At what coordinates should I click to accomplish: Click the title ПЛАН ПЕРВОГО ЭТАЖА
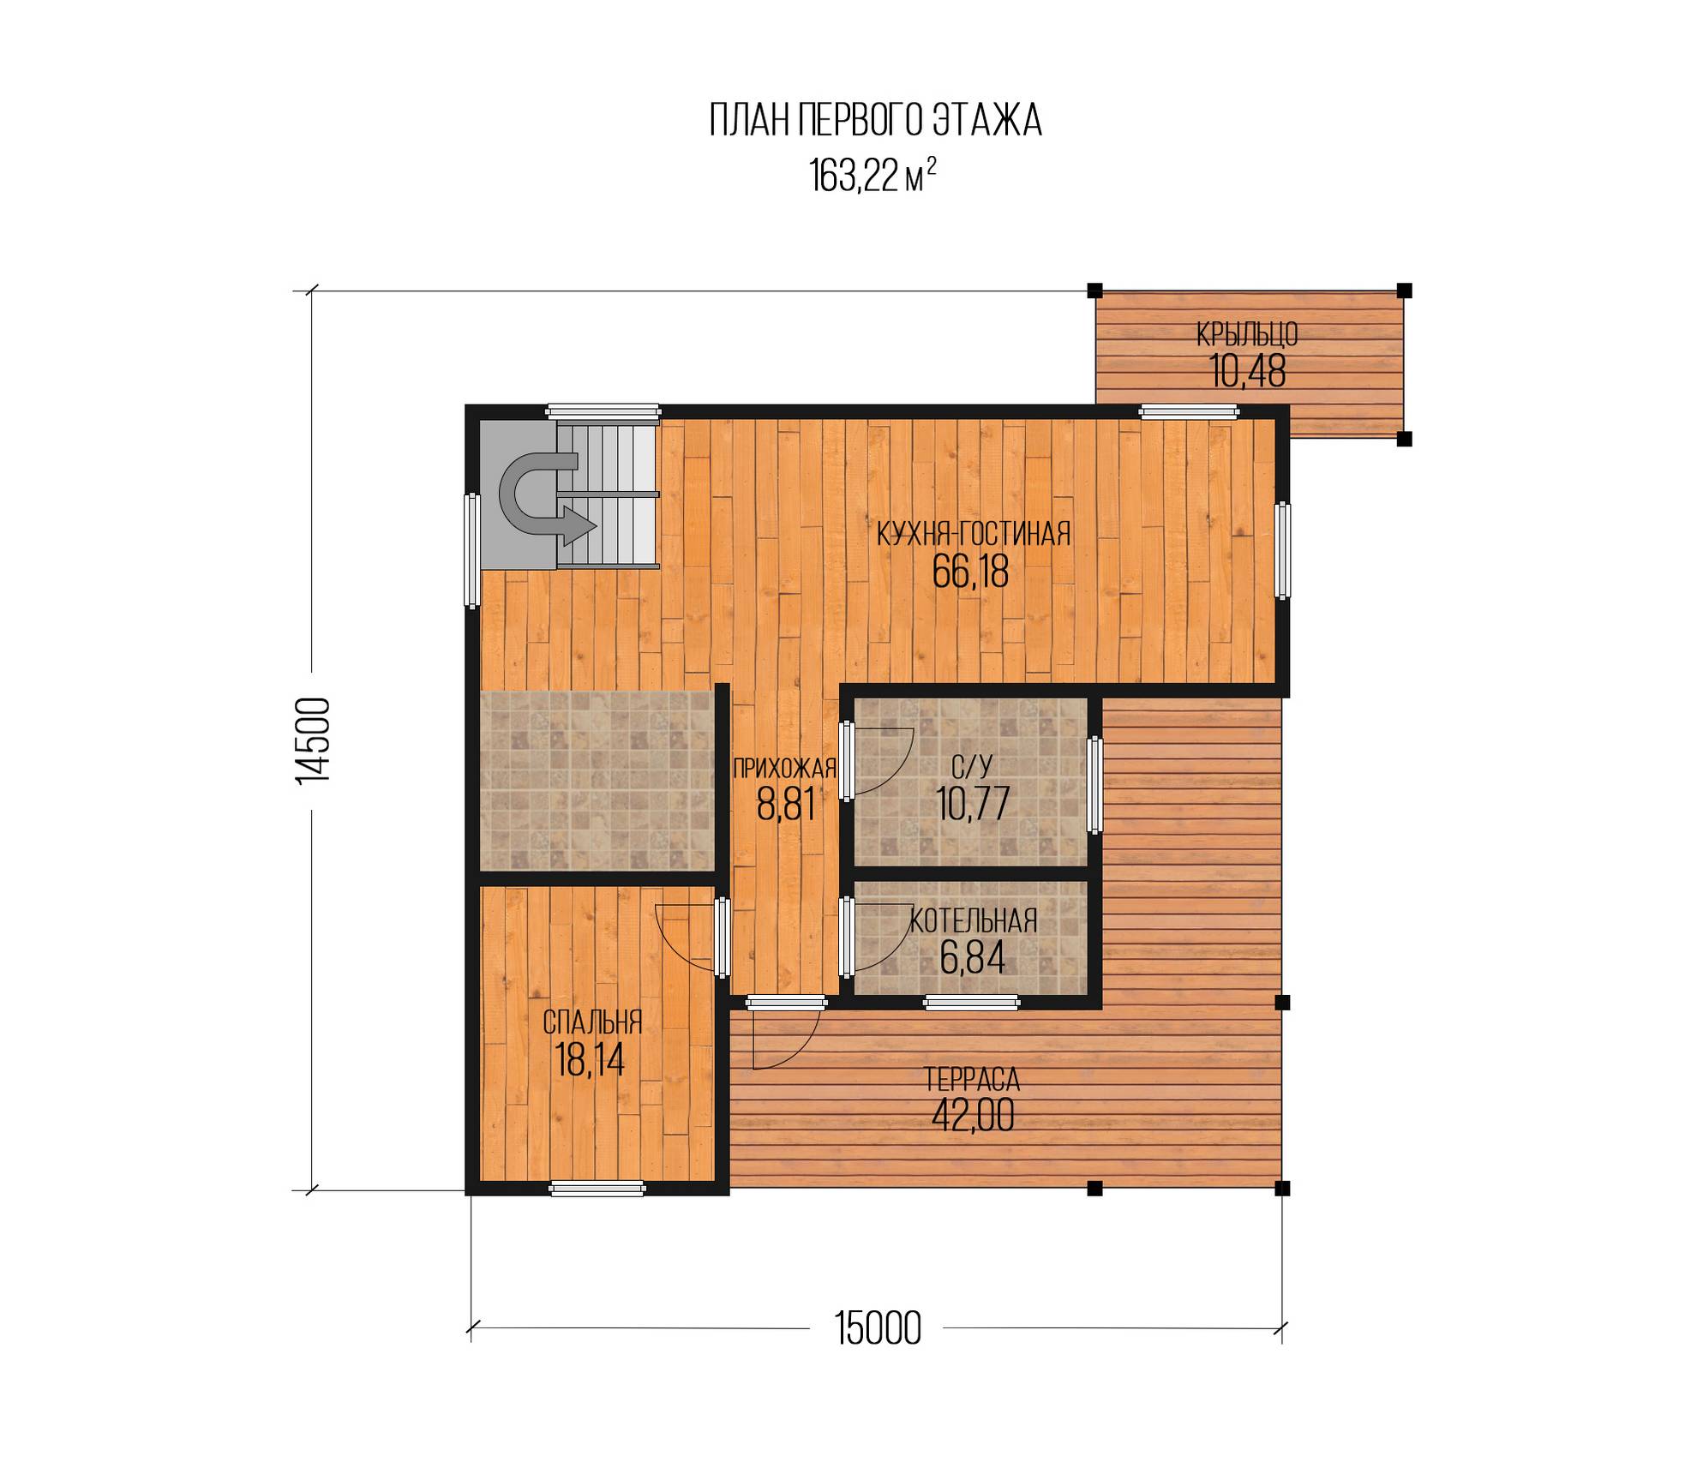click(875, 121)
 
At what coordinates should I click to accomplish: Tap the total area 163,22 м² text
click(872, 177)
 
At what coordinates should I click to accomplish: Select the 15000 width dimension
click(878, 1329)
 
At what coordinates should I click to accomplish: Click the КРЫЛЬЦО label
click(1247, 334)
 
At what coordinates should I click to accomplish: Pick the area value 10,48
click(1247, 371)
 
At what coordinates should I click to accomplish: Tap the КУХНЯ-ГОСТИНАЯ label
click(973, 533)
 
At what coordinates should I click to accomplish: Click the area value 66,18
click(970, 572)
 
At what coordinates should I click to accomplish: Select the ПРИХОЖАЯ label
click(784, 769)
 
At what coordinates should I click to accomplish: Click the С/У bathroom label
click(972, 765)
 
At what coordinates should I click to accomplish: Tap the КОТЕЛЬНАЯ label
click(973, 921)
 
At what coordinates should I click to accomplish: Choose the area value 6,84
click(972, 958)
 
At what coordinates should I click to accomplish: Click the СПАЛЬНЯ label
click(592, 1022)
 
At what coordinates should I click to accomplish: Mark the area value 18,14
click(590, 1060)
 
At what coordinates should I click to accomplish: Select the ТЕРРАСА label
click(972, 1077)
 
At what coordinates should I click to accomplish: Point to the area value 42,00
click(972, 1115)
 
